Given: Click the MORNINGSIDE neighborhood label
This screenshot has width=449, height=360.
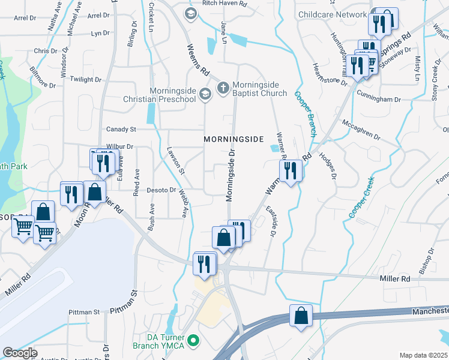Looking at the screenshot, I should click(234, 139).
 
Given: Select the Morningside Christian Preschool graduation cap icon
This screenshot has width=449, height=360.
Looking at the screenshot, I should click(205, 93).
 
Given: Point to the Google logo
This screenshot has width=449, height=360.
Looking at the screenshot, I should click(20, 353).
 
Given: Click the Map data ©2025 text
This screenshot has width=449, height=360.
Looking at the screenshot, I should click(424, 355).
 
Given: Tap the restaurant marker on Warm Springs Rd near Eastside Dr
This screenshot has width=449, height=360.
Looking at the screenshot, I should click(291, 171).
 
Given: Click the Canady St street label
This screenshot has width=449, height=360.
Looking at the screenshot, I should click(122, 129).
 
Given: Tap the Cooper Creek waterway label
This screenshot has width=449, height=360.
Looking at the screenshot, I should click(361, 197).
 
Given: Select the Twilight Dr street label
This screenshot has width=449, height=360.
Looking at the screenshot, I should click(86, 79).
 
